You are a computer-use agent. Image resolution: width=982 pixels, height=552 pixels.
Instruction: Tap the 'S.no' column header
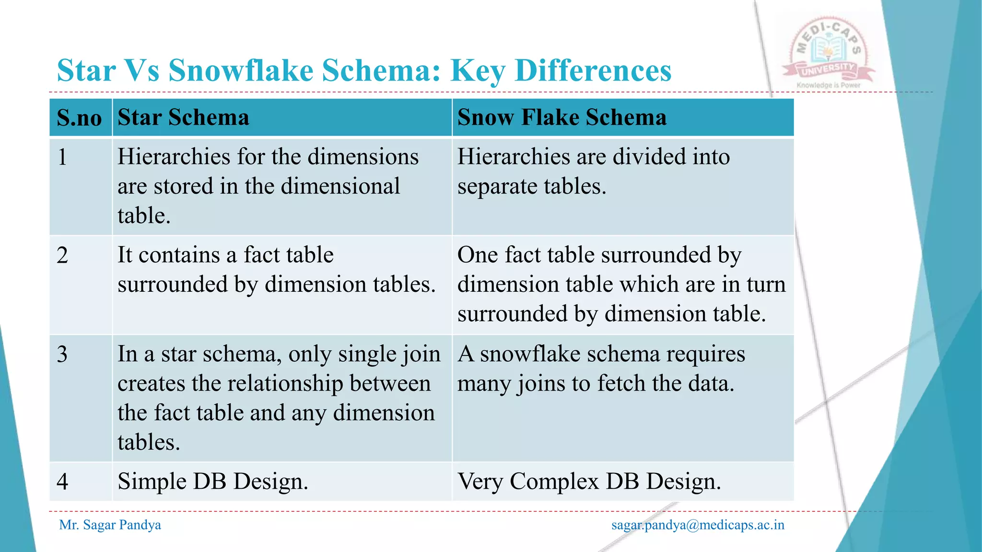[79, 118]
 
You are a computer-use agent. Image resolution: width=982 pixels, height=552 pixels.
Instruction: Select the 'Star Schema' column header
[183, 117]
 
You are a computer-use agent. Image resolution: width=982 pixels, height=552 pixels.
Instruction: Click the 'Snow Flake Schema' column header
[561, 117]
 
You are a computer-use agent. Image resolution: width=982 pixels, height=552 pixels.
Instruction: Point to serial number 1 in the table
[62, 157]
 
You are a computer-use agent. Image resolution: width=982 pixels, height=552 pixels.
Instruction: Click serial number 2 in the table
[62, 255]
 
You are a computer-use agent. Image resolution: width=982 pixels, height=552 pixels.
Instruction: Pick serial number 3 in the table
[62, 355]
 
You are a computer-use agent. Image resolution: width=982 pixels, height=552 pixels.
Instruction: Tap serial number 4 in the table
[62, 482]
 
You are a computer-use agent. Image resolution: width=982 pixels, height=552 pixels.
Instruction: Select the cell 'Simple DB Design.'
[212, 482]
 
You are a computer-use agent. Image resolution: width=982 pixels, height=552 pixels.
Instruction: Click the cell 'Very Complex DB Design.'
[589, 482]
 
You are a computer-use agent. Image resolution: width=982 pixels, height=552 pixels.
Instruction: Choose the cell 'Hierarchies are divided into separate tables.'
[593, 172]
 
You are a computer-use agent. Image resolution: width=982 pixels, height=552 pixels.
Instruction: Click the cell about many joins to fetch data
[601, 368]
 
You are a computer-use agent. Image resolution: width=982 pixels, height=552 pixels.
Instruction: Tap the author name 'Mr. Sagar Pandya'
[110, 525]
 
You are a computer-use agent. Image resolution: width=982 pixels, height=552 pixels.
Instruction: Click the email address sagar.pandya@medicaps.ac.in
[698, 525]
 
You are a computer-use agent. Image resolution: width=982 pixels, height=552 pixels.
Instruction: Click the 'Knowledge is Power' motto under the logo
[828, 85]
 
